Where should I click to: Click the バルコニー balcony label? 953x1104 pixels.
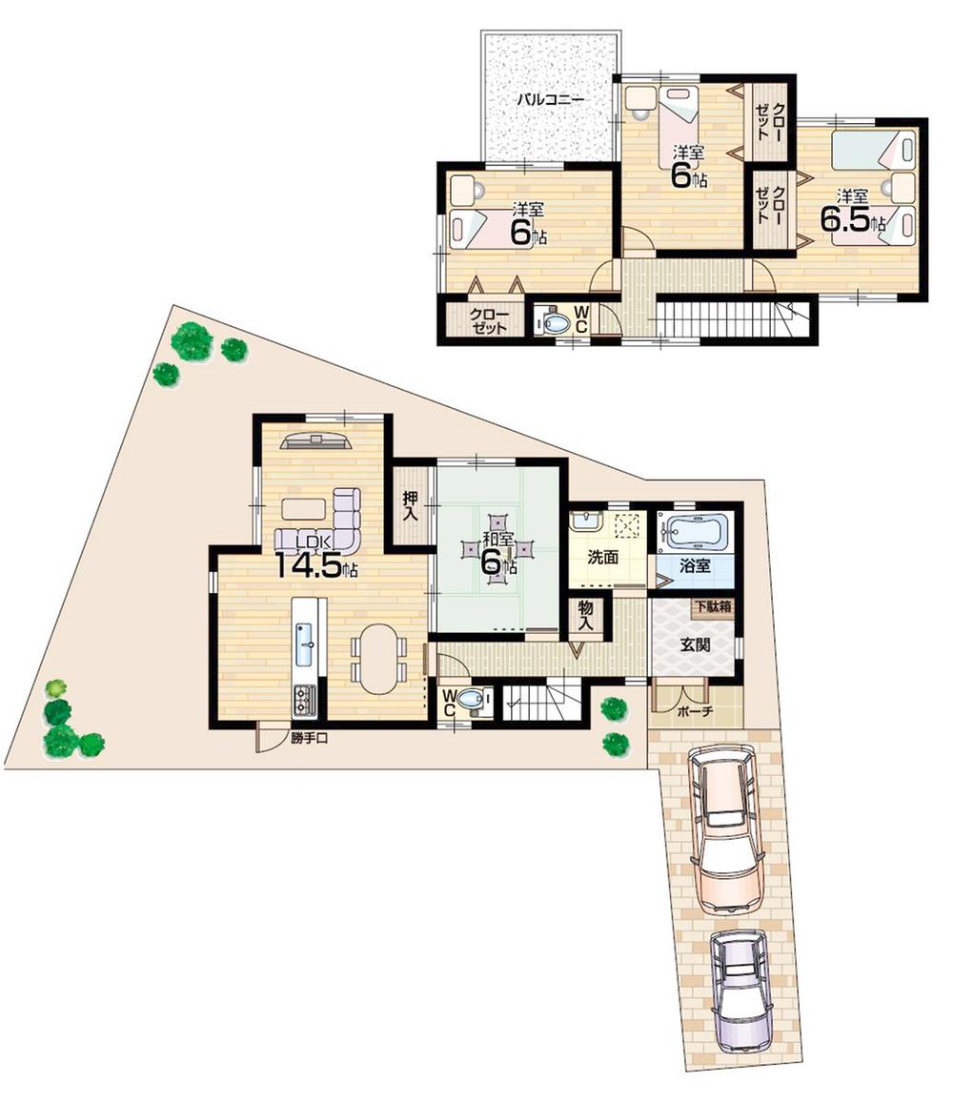coord(550,98)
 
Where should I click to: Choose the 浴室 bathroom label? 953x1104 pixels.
coord(695,564)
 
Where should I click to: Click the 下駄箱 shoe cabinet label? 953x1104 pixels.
coord(713,606)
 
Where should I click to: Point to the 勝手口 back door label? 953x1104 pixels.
coord(310,737)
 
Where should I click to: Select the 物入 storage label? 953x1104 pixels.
coord(584,616)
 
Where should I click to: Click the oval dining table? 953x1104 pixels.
coord(379,658)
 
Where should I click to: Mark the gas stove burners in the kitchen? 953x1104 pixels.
coord(305,701)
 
